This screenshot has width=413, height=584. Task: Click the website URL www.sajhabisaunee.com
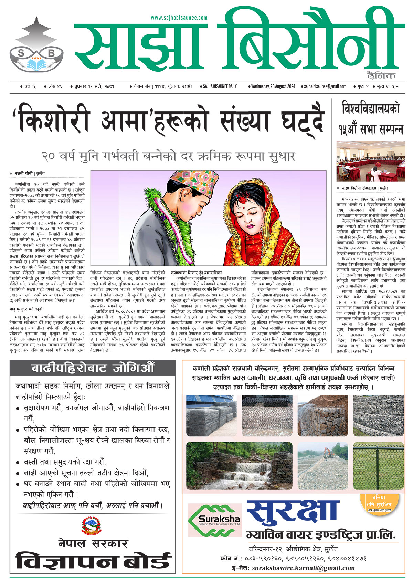click(179, 18)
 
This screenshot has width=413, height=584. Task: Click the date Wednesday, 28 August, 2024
click(274, 86)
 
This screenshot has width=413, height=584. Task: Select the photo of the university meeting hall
click(371, 161)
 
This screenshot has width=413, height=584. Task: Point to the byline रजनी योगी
click(24, 174)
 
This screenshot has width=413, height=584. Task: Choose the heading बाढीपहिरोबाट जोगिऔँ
click(92, 368)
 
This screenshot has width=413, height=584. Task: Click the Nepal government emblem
click(92, 525)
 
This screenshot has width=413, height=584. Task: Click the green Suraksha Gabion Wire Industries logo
click(215, 520)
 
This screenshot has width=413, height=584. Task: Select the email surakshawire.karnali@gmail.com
click(303, 568)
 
